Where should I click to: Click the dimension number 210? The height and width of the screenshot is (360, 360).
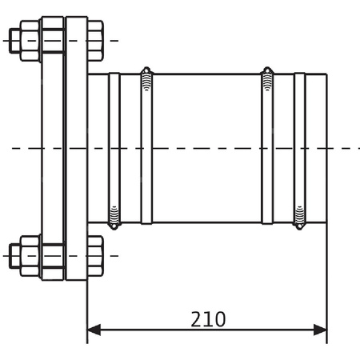pyautogui.click(x=208, y=319)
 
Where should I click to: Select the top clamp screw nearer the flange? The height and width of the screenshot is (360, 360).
pyautogui.click(x=146, y=79)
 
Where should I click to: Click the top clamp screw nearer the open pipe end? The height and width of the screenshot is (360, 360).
pyautogui.click(x=267, y=79)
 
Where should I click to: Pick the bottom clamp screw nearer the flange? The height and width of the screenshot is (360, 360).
pyautogui.click(x=114, y=216)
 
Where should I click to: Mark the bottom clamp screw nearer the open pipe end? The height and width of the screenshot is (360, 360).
pyautogui.click(x=299, y=216)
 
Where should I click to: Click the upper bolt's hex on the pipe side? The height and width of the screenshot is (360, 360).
pyautogui.click(x=95, y=40)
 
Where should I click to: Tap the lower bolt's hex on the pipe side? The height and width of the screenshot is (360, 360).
pyautogui.click(x=95, y=255)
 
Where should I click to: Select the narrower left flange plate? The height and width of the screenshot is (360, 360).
pyautogui.click(x=53, y=148)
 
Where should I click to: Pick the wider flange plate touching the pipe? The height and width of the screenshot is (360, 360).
pyautogui.click(x=77, y=148)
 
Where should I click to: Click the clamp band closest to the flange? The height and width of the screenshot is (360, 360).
pyautogui.click(x=114, y=148)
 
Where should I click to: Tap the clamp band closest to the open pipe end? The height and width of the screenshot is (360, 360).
pyautogui.click(x=299, y=148)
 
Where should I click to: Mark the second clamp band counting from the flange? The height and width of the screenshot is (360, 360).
pyautogui.click(x=146, y=148)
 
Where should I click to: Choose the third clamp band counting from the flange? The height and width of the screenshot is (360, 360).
pyautogui.click(x=267, y=148)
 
